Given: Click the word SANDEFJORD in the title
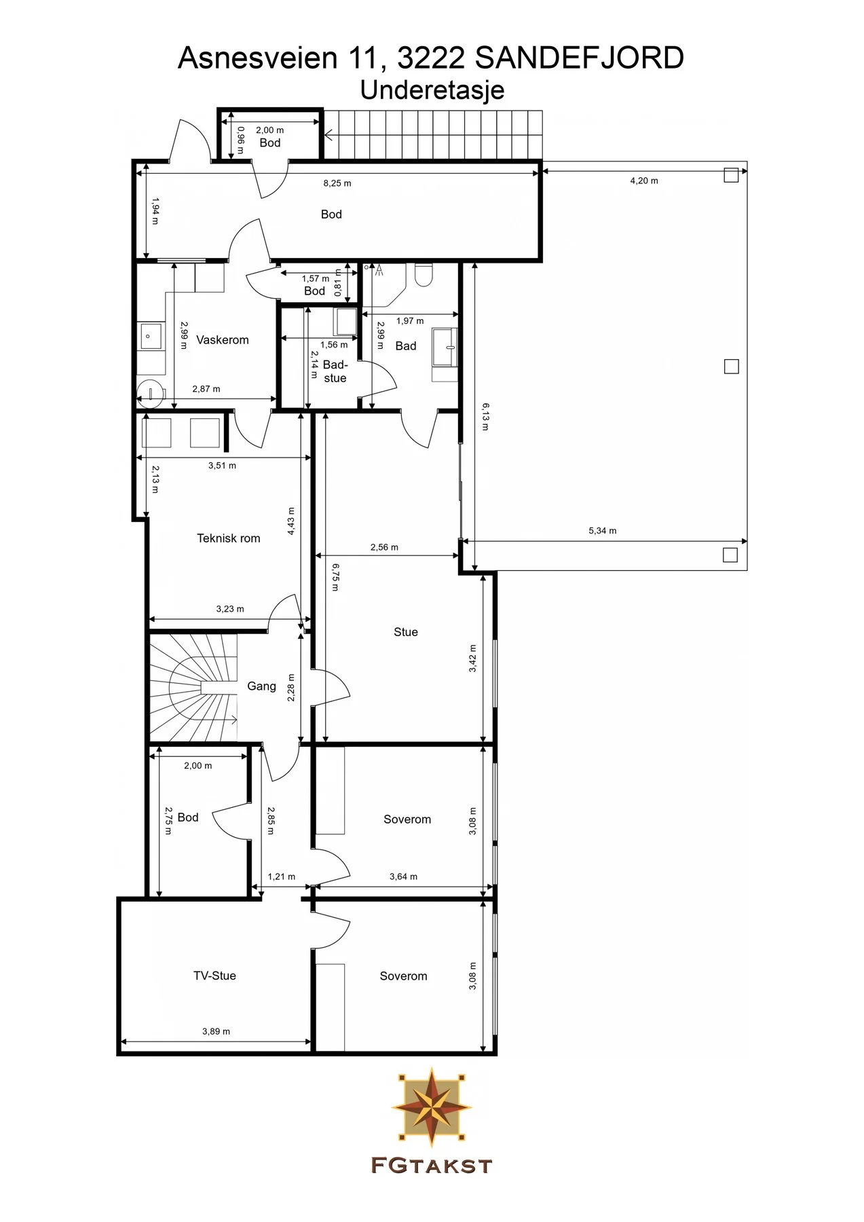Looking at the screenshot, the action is click(579, 58).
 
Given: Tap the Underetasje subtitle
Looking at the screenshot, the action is click(432, 90).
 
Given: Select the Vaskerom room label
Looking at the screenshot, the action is click(223, 340).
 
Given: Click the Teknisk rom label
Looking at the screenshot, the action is click(229, 538).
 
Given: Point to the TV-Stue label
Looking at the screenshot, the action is click(214, 976).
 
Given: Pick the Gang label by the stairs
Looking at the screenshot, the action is click(261, 686).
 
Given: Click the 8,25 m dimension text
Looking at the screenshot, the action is click(337, 183).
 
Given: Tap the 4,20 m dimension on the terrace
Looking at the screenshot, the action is click(644, 181).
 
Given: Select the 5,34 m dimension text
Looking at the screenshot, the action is click(603, 531).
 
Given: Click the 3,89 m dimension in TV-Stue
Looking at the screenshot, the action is click(216, 1031).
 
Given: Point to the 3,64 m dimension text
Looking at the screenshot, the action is click(403, 876).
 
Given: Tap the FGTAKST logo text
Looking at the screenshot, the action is click(432, 1166).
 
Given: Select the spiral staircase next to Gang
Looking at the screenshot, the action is click(193, 686).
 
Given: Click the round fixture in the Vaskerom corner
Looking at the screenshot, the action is click(150, 392).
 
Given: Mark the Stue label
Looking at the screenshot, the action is click(406, 632).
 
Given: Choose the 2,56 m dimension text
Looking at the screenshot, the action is click(384, 547).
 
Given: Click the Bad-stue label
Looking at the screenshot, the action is click(335, 371).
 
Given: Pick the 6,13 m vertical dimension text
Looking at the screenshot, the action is click(485, 416).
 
